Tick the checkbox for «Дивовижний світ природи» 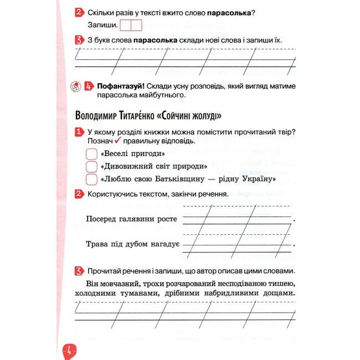point(93,166)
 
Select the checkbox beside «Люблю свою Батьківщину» point(93,179)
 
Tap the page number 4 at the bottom point(70,350)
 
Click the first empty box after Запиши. point(126,25)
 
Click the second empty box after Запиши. point(137,25)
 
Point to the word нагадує point(163,244)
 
